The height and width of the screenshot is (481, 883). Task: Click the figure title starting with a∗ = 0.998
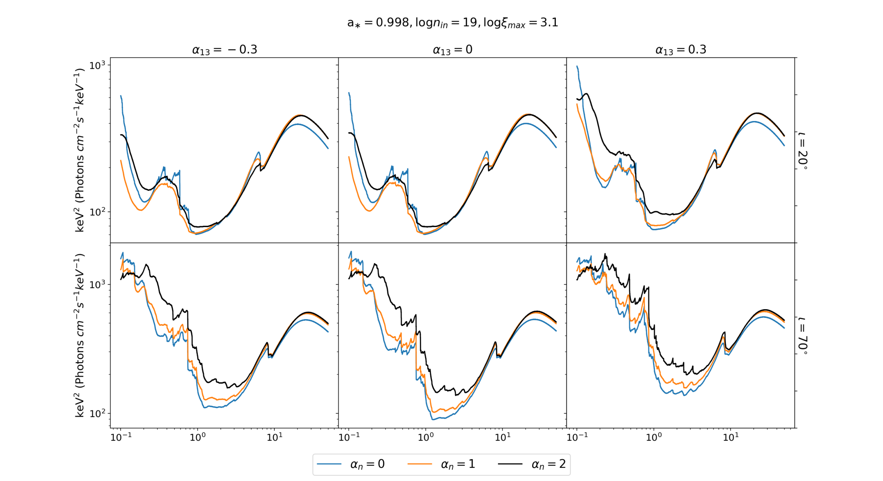[x=452, y=23]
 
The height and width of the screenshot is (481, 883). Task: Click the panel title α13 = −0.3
[x=224, y=50]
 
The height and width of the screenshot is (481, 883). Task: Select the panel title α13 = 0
[x=452, y=50]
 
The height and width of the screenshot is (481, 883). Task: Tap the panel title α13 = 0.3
[x=681, y=50]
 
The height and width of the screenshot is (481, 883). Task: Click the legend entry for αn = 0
[x=350, y=464]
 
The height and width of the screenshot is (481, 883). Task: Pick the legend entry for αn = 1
[x=441, y=464]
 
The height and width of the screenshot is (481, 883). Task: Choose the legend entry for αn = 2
[x=532, y=464]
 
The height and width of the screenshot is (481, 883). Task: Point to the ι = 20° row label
[x=803, y=150]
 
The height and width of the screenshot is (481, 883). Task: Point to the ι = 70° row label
[x=803, y=335]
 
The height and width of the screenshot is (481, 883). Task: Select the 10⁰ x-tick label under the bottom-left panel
[x=198, y=437]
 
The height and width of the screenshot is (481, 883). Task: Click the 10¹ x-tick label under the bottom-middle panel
[x=502, y=437]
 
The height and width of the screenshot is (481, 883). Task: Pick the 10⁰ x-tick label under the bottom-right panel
[x=653, y=437]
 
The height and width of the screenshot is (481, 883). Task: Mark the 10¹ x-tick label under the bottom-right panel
[x=731, y=437]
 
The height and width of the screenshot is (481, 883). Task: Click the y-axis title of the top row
[x=79, y=150]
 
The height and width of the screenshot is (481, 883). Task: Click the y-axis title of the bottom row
[x=79, y=335]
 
